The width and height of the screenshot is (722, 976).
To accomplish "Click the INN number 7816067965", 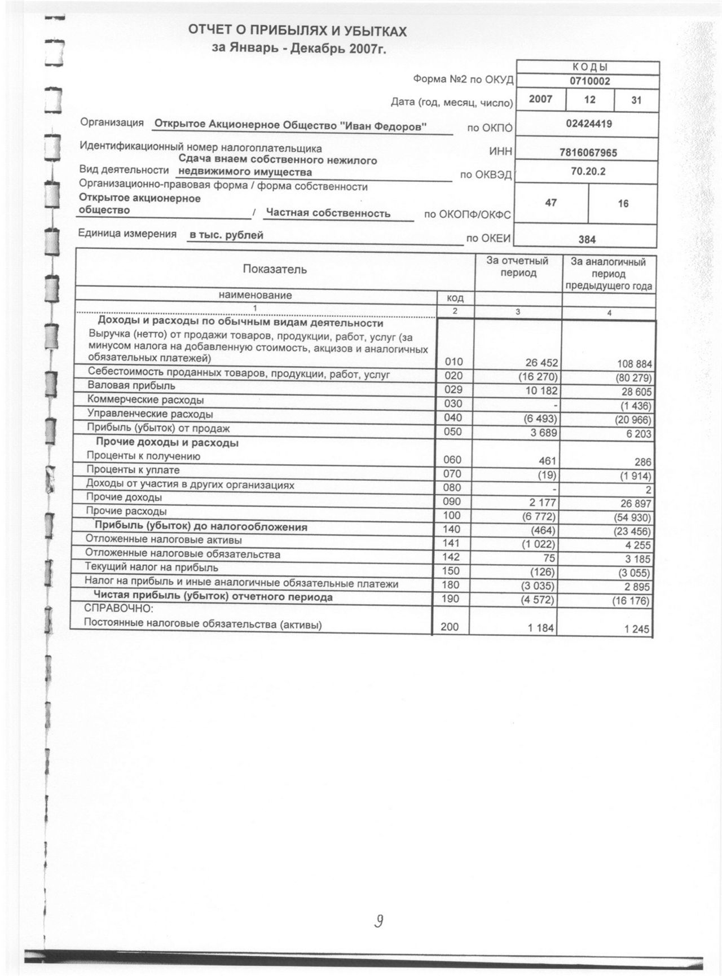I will pos(588,152).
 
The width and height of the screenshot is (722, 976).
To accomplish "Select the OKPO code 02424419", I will pos(588,124).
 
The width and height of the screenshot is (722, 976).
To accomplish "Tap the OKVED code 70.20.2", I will pos(588,172).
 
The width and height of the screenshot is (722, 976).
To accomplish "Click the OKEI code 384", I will pos(587,239).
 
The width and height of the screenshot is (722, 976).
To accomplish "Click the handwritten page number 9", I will pos(380,922).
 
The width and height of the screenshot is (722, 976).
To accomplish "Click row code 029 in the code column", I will pos(453,390).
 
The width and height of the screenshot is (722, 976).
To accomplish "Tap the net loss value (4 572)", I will pos(538,599).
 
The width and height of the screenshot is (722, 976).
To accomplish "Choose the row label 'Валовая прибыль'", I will pos(131,386).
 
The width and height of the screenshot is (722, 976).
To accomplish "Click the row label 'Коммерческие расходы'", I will pos(146,400).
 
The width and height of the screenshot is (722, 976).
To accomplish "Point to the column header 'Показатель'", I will pos(275,269).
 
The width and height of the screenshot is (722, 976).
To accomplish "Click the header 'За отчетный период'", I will pos(518,267).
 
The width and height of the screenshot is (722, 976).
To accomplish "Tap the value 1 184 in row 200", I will pos(541,627).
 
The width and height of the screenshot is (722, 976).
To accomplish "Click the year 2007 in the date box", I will pos(540,99).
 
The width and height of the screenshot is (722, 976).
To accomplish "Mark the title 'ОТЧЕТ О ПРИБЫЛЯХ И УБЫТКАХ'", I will pos(297,31).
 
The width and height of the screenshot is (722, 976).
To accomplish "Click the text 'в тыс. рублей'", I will pos(226,235).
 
